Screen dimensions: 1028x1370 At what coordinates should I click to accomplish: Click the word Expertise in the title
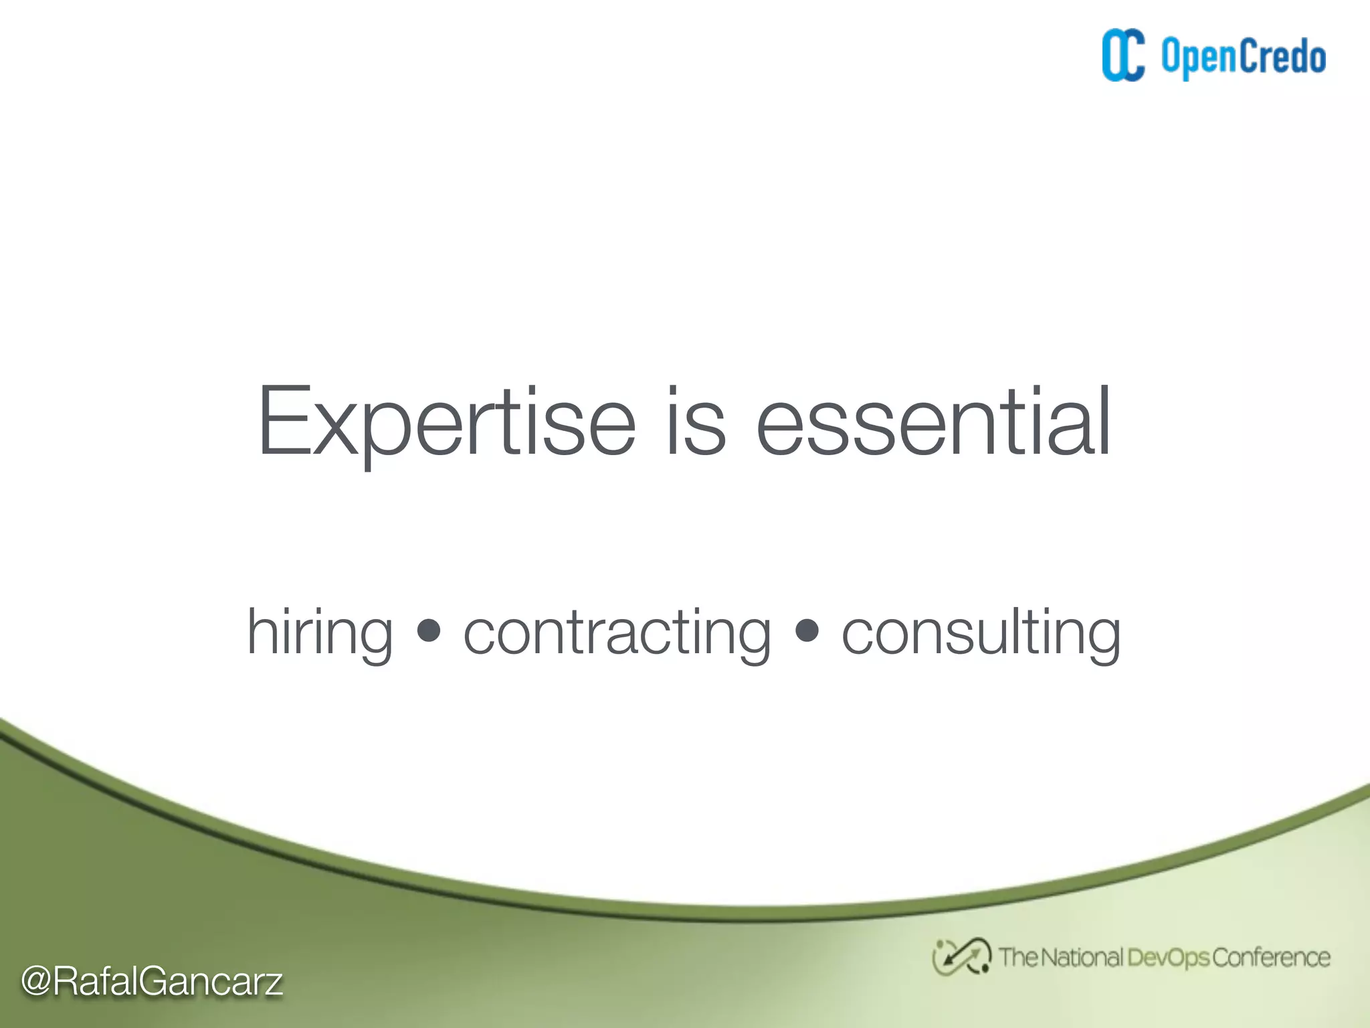point(446,423)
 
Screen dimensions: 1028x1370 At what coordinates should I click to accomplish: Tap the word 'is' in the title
point(695,423)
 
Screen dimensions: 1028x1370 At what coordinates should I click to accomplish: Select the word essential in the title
point(933,423)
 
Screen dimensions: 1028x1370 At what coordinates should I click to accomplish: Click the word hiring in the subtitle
point(320,632)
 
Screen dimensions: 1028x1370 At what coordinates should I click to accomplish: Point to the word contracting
point(617,632)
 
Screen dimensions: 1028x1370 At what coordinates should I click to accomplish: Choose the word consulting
point(981,632)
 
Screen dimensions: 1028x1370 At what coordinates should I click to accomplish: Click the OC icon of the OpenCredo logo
point(1123,56)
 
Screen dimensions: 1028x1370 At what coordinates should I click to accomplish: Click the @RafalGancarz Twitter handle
point(152,982)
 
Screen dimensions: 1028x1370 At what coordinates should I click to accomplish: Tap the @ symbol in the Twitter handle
point(36,982)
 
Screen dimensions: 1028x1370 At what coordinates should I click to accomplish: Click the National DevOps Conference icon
point(961,957)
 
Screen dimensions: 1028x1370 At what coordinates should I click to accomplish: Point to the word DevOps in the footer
point(1168,958)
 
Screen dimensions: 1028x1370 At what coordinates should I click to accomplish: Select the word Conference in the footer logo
point(1271,958)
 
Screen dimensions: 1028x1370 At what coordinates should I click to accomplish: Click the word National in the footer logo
point(1082,958)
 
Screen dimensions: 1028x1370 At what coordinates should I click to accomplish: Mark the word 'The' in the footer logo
point(1017,958)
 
